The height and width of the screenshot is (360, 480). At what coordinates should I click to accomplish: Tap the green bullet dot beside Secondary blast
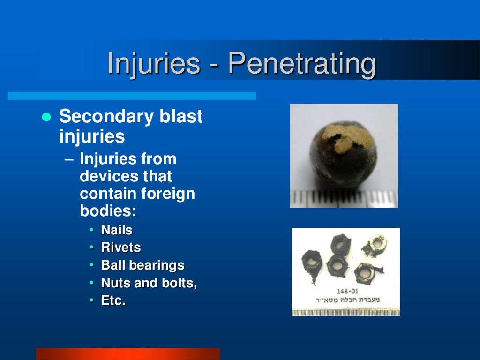[46, 117]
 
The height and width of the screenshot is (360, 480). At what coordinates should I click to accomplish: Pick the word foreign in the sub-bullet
[170, 194]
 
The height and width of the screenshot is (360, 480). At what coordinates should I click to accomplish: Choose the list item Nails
[117, 230]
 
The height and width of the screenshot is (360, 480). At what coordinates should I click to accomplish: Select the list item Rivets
[121, 247]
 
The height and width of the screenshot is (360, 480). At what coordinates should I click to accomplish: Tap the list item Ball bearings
[142, 265]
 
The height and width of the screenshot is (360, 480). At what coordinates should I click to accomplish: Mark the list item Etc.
[113, 300]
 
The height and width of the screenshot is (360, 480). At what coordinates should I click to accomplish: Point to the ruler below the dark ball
[344, 199]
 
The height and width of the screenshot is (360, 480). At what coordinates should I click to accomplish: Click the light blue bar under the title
[132, 96]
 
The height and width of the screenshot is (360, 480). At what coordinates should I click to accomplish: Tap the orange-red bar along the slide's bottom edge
[127, 353]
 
